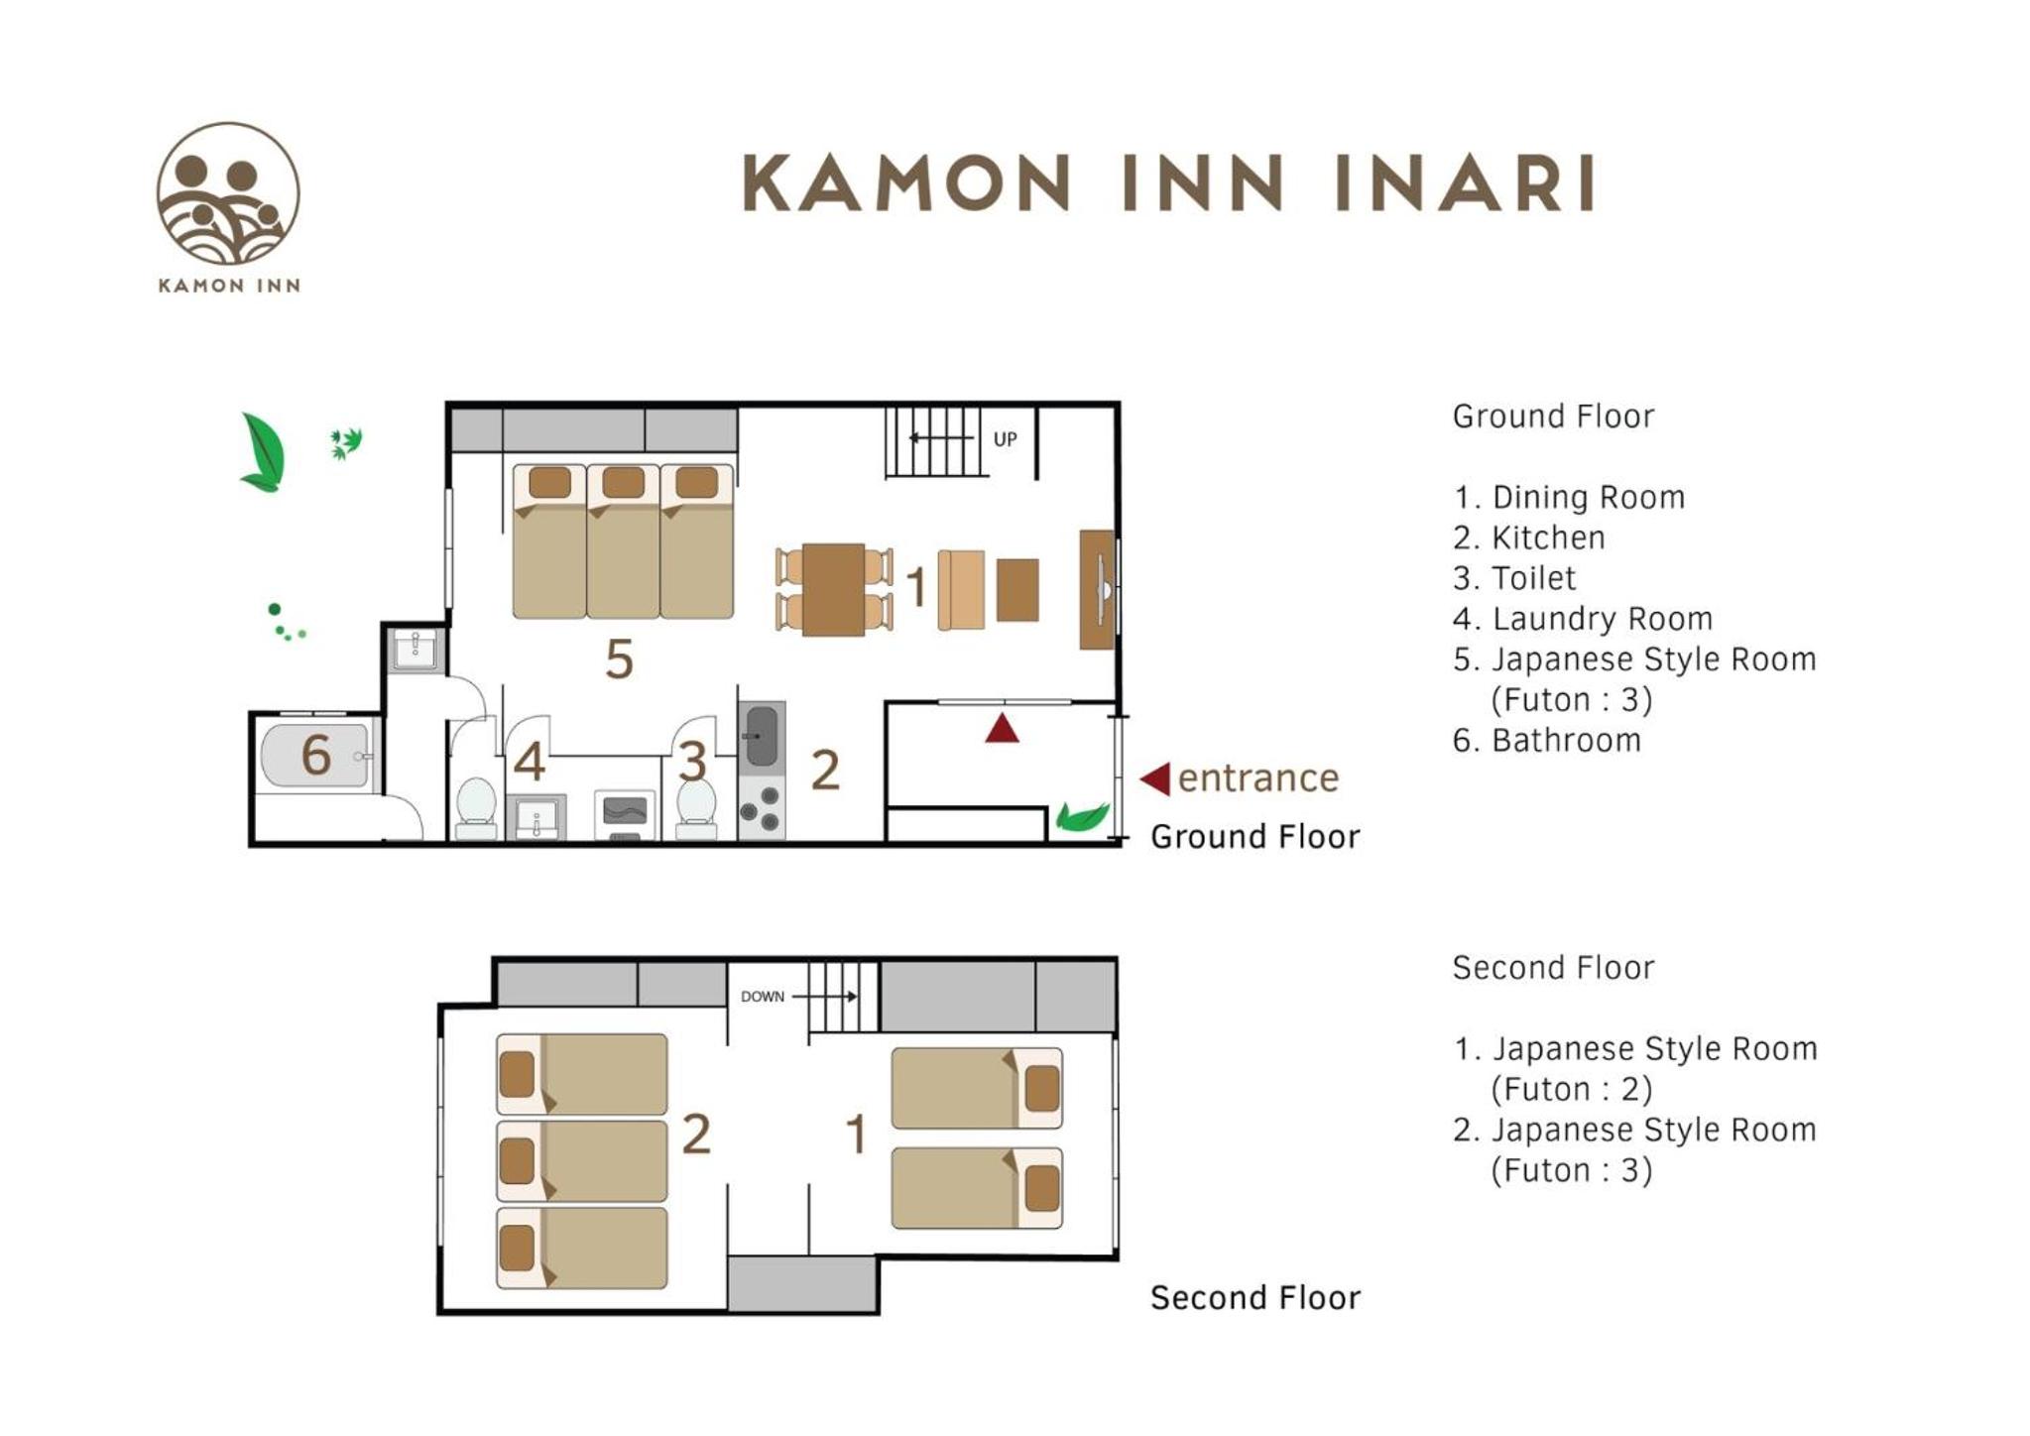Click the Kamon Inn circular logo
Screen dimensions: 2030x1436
tap(228, 193)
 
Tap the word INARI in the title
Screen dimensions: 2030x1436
tap(1465, 183)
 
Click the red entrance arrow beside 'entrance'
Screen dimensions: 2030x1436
tap(1155, 778)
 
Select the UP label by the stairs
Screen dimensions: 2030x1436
tap(1005, 439)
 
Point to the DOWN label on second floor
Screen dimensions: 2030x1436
tap(763, 997)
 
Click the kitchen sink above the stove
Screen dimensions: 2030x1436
tap(762, 736)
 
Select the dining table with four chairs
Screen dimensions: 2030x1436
tap(834, 589)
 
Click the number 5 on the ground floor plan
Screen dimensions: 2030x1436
tap(620, 659)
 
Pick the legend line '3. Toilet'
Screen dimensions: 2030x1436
tap(1514, 578)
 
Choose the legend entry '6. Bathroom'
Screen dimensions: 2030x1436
tap(1547, 740)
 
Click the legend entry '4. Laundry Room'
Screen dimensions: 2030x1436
tap(1583, 619)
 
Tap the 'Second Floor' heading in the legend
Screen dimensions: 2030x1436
tap(1553, 968)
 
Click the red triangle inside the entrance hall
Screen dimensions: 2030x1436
tap(1002, 728)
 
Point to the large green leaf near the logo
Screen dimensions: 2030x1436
tap(263, 452)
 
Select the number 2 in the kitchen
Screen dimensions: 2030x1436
tap(825, 770)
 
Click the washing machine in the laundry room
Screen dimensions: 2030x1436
tap(625, 814)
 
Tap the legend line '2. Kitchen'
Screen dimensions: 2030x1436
tap(1528, 538)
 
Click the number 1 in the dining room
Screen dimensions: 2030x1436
tap(916, 586)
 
